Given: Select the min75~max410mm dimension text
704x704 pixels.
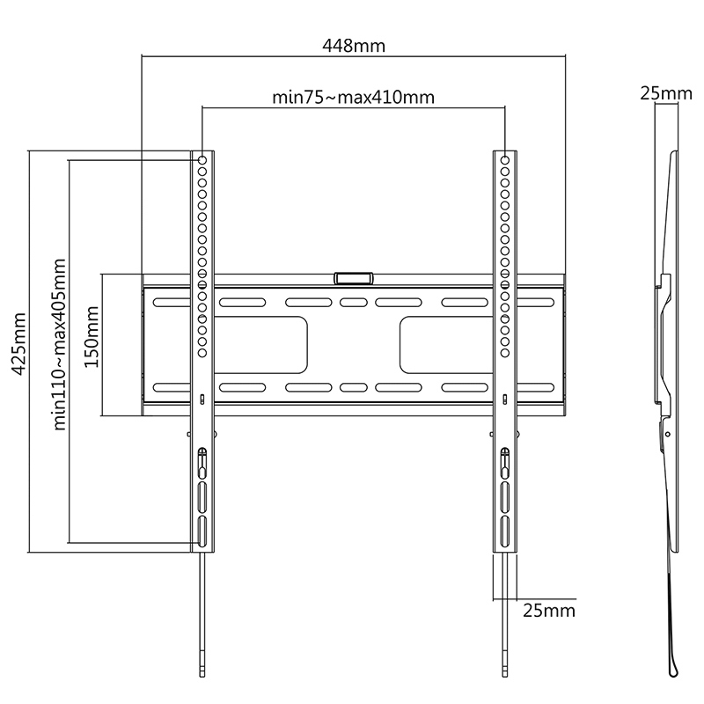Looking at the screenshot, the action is click(x=353, y=97).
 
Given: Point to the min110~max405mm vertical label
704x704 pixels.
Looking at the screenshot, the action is click(x=61, y=343).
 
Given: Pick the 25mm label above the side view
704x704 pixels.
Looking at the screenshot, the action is click(x=664, y=93).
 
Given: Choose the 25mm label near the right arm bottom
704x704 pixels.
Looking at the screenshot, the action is click(x=548, y=610).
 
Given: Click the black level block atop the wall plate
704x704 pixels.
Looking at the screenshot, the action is click(x=353, y=278).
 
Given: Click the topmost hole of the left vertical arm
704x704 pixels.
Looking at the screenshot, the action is click(x=202, y=161).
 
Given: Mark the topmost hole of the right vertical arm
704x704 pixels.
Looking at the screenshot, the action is click(x=505, y=161).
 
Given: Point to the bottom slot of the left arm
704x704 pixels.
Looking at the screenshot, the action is click(x=202, y=531).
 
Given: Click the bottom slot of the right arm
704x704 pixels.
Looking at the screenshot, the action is click(x=505, y=531).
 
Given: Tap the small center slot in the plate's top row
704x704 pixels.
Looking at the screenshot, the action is click(x=352, y=303).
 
